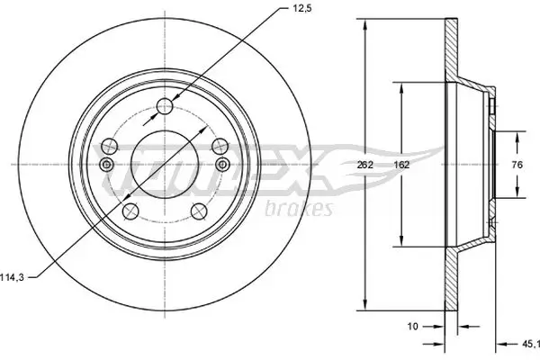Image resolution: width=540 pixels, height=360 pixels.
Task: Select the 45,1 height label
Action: click(x=531, y=342)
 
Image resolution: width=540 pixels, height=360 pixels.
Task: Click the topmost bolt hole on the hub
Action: click(x=164, y=108)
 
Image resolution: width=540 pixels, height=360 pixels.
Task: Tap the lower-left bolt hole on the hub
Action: click(x=130, y=211)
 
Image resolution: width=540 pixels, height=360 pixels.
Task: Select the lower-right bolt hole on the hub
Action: click(x=197, y=211)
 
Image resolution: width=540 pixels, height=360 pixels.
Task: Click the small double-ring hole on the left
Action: click(x=106, y=164)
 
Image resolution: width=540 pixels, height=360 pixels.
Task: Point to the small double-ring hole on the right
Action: click(x=220, y=164)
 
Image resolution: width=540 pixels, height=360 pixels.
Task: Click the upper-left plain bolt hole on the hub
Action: click(x=110, y=146)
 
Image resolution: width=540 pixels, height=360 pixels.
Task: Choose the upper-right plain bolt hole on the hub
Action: click(x=217, y=146)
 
